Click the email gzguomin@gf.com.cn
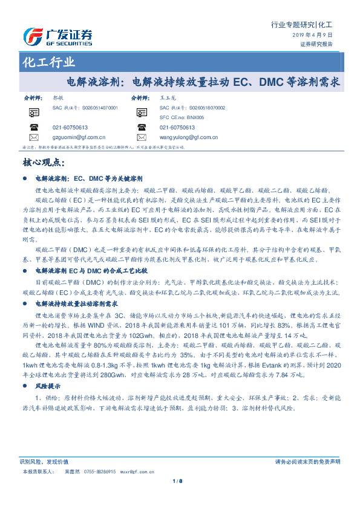click(x=79, y=137)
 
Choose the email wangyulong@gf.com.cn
click(x=188, y=137)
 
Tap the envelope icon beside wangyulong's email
click(x=142, y=137)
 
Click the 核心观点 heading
click(x=47, y=163)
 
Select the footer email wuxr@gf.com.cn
click(x=137, y=470)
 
